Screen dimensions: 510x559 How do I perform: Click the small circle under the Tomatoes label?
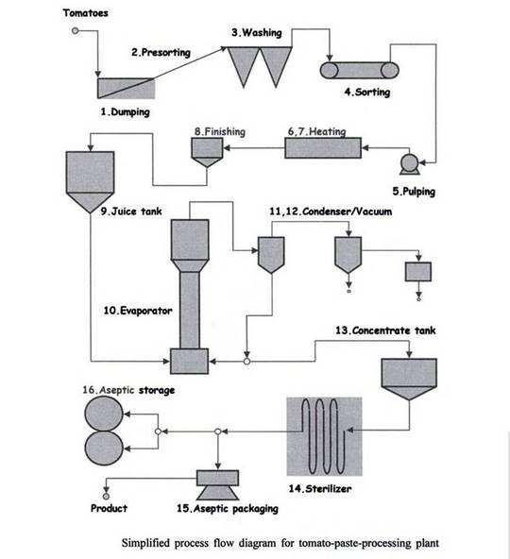point(75,31)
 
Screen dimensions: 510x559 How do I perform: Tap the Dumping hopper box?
point(127,89)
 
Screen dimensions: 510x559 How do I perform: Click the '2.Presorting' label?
point(161,53)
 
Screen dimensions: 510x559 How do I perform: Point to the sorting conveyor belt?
point(359,70)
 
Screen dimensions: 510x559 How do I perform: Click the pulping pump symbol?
point(410,164)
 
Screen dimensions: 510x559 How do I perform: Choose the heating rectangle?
point(323,147)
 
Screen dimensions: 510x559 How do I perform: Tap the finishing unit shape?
point(207,153)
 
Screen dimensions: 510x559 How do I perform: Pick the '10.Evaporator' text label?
point(138,311)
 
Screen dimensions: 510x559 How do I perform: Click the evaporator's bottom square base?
point(190,361)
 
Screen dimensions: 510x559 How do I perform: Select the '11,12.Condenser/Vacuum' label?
point(331,212)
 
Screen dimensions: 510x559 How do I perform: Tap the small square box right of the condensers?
point(418,272)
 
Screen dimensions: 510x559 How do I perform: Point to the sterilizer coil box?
point(325,436)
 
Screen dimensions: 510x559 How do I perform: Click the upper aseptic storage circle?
point(104,414)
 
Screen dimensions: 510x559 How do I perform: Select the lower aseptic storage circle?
point(104,448)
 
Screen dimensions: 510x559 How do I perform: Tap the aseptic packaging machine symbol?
point(217,484)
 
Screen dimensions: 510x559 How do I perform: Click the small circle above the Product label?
point(106,497)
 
